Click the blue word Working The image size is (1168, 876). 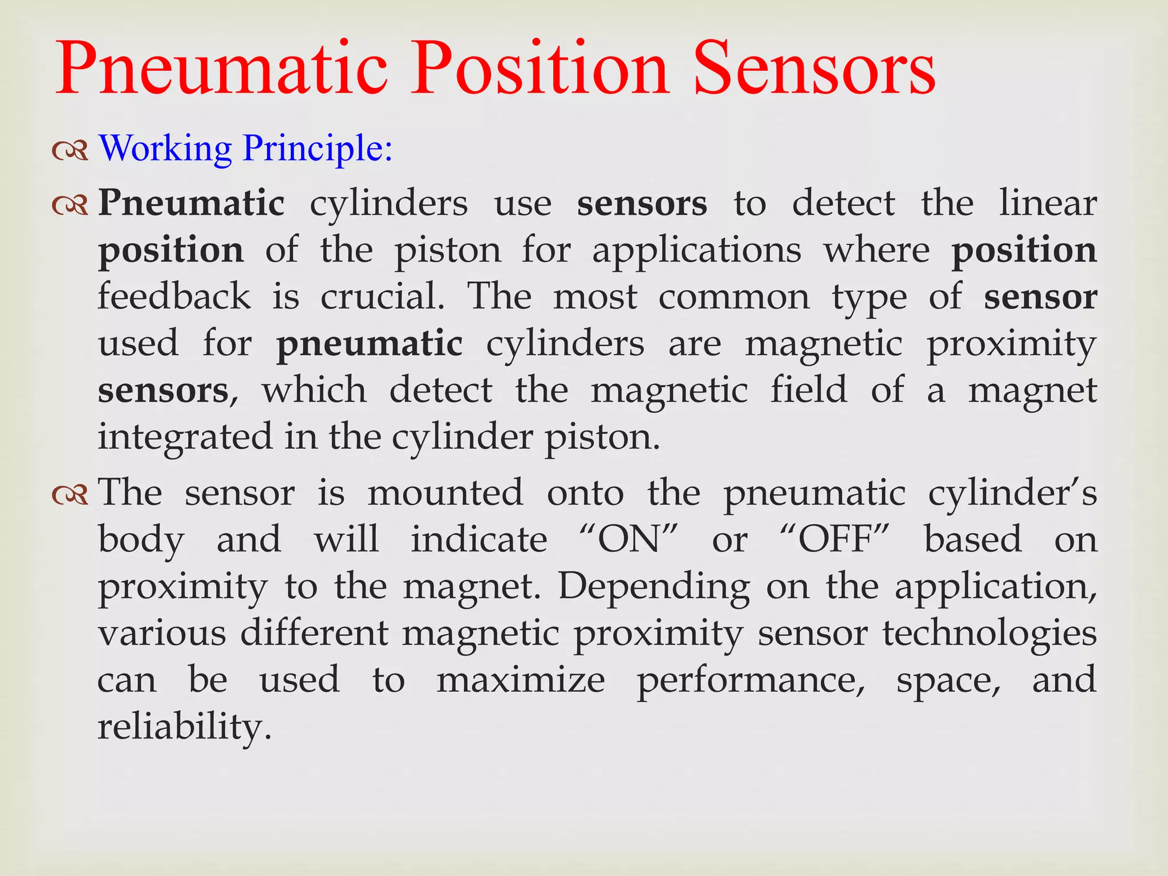[165, 148]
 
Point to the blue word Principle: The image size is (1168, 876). [318, 148]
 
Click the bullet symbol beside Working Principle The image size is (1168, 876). [70, 150]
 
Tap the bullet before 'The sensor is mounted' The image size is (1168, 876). [70, 494]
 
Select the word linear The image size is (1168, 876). [1048, 203]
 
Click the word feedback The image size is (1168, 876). [174, 297]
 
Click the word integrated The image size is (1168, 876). [185, 437]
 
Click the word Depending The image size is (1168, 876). [654, 586]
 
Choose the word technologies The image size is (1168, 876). [989, 634]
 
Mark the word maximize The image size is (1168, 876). [521, 680]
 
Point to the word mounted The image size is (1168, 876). [445, 493]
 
